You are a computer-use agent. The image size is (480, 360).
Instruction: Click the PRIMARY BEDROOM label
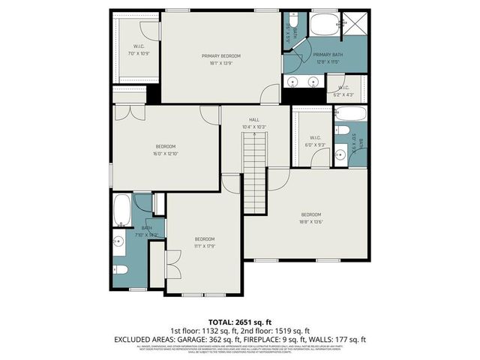tap(220, 56)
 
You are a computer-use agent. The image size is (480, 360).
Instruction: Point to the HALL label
tap(254, 120)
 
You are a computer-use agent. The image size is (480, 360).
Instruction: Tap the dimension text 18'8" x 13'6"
tap(310, 220)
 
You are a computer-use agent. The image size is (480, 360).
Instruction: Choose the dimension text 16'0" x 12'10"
tap(165, 153)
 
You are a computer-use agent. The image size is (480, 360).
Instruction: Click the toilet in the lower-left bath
tap(120, 270)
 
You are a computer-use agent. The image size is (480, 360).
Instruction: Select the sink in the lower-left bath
tap(118, 242)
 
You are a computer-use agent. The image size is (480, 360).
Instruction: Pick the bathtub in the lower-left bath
tap(121, 209)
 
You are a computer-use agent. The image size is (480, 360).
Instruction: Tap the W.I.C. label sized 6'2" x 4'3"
tap(343, 94)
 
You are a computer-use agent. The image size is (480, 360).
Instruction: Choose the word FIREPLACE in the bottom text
tap(266, 339)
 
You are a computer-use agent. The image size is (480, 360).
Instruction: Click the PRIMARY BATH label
tap(327, 55)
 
